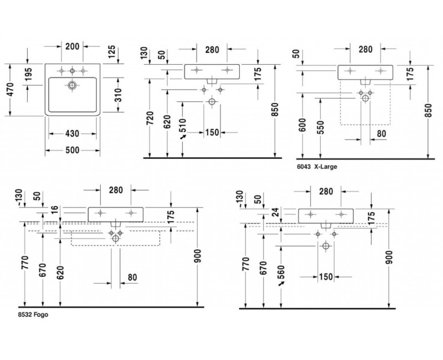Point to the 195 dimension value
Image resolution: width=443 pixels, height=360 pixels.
pos(28,75)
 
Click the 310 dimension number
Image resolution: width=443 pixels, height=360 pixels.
pos(119,95)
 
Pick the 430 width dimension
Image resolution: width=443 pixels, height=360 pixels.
pos(72,133)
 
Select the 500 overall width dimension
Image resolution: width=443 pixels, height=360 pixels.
pos(72,150)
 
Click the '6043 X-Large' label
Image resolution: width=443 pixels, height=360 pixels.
pos(317,166)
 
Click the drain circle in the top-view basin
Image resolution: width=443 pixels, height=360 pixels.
pos(72,86)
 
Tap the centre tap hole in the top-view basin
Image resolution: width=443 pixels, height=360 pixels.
pos(72,70)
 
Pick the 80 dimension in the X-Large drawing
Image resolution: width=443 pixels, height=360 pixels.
pos(382,133)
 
